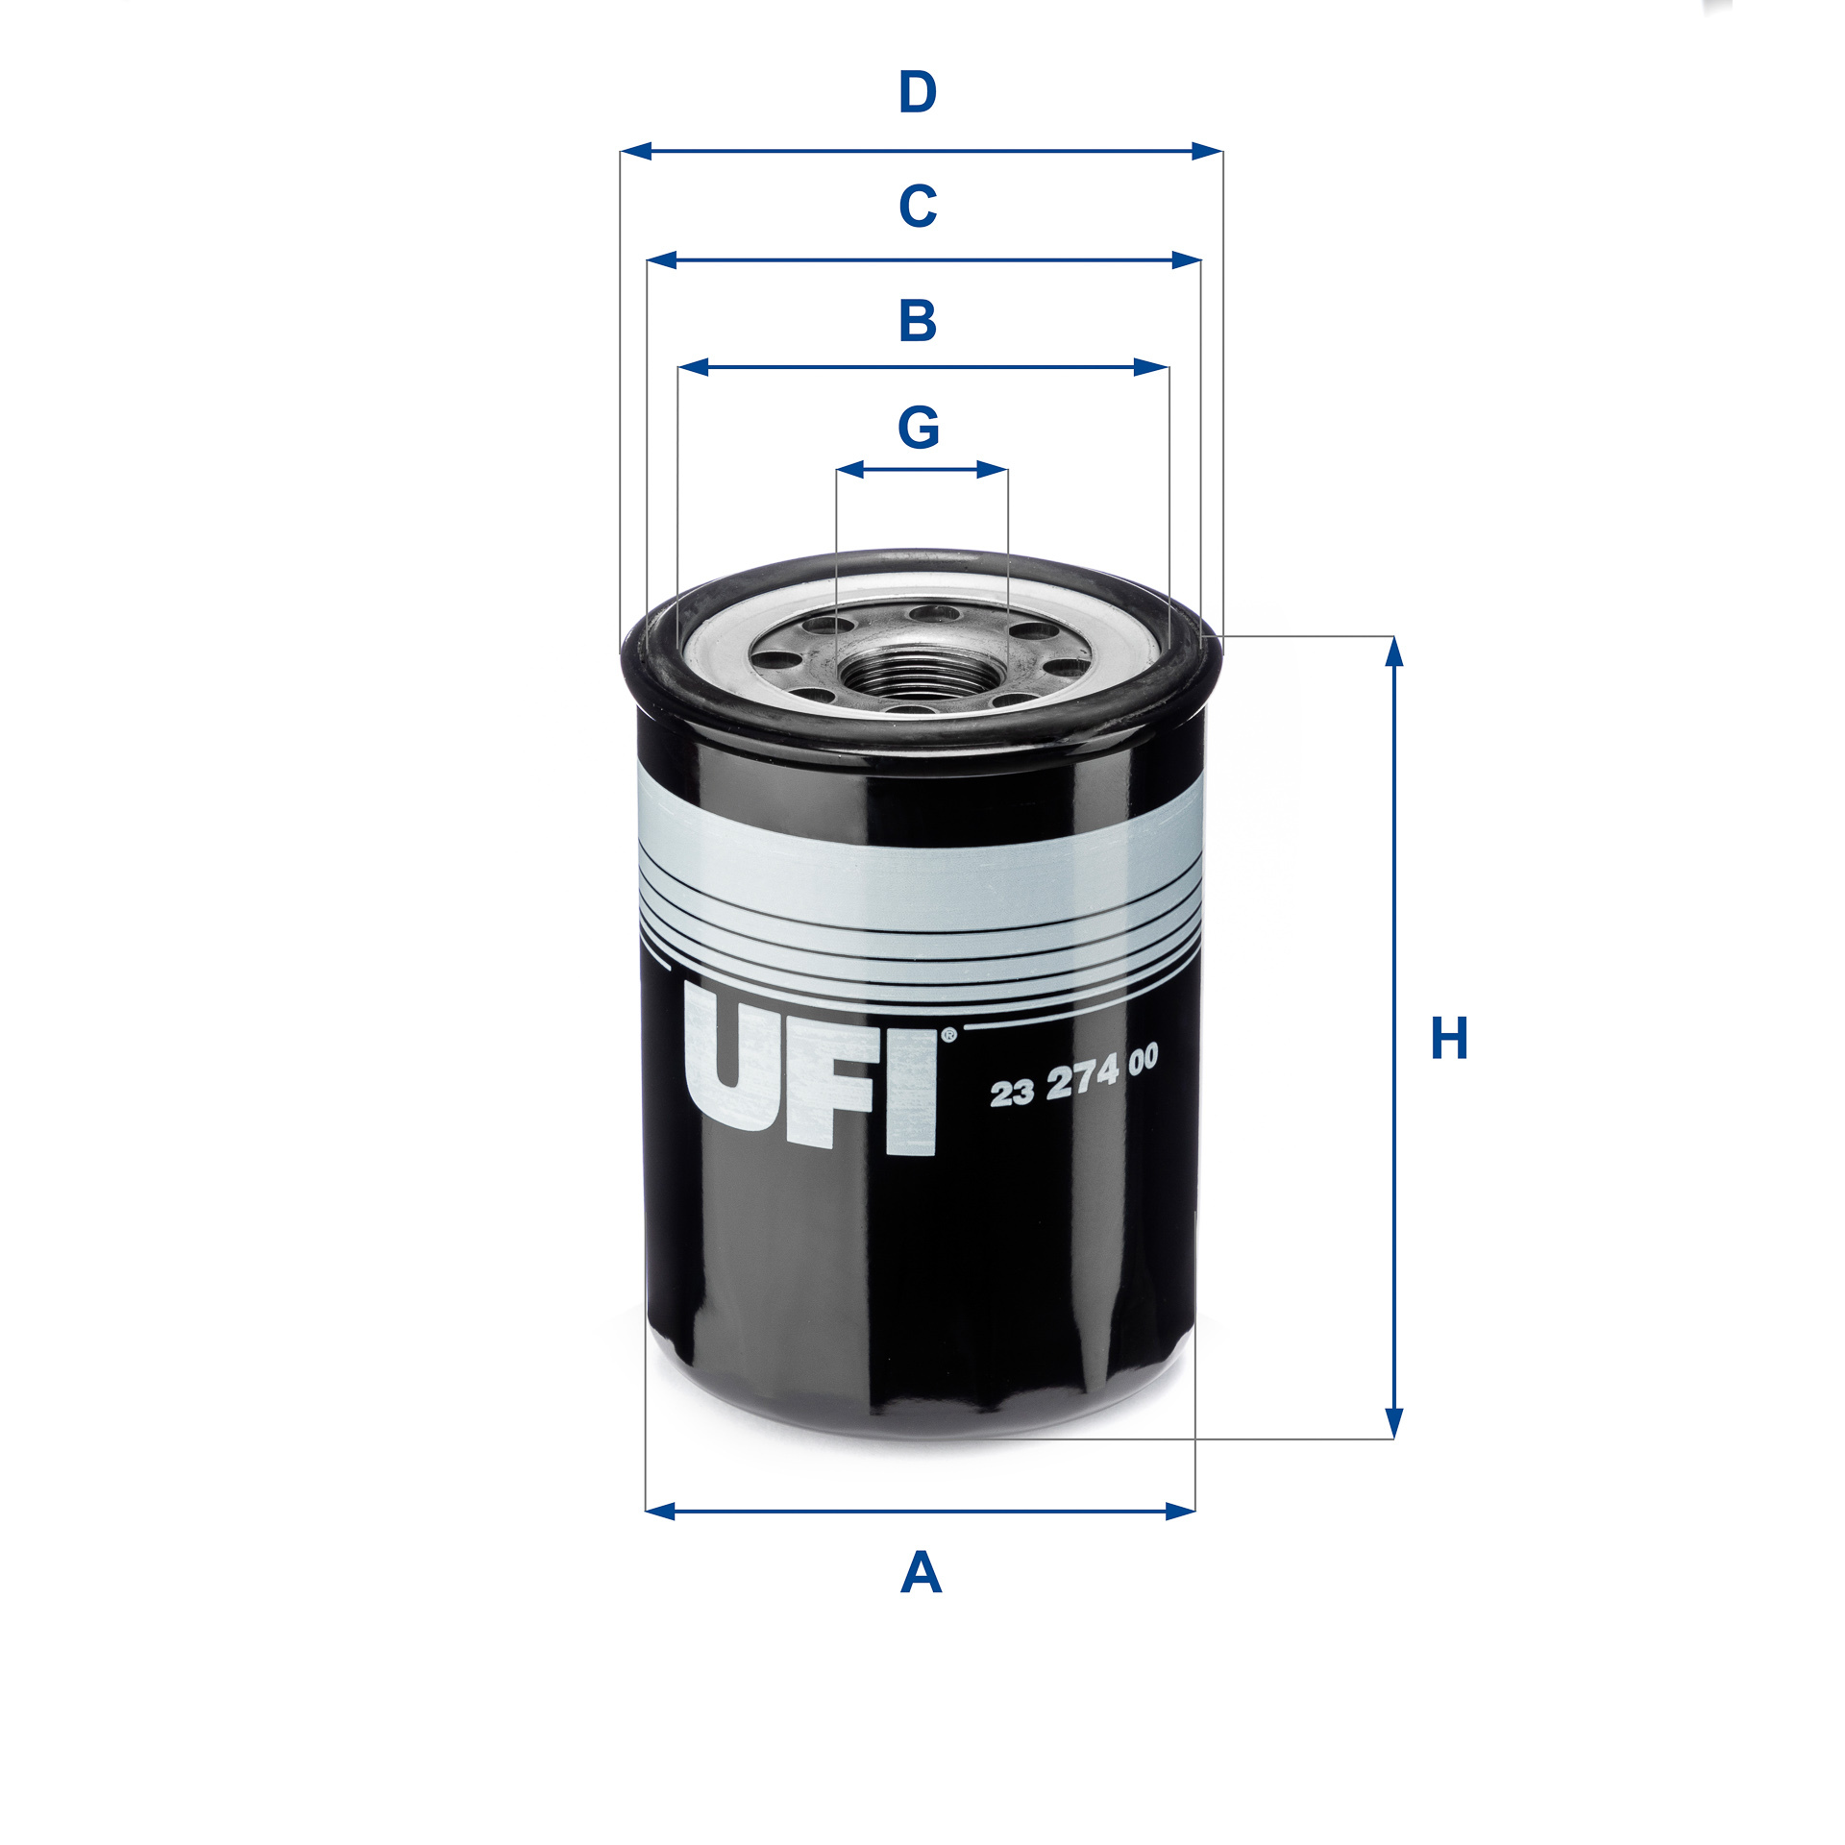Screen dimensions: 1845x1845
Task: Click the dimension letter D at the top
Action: pyautogui.click(x=918, y=93)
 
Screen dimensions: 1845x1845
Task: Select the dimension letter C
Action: pyautogui.click(x=918, y=206)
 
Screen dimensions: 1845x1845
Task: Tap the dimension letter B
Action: pyautogui.click(x=918, y=321)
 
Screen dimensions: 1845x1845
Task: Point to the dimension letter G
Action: pyautogui.click(x=919, y=428)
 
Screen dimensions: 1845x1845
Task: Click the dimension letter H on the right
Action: pyautogui.click(x=1449, y=1038)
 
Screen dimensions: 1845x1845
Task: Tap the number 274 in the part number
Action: pyautogui.click(x=1083, y=1080)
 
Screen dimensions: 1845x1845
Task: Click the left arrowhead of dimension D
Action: pyautogui.click(x=636, y=151)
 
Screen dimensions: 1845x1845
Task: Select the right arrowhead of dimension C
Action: pyautogui.click(x=1187, y=259)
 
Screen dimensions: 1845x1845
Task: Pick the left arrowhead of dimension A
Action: pyautogui.click(x=660, y=1512)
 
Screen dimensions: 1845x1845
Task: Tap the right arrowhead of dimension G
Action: pyautogui.click(x=993, y=470)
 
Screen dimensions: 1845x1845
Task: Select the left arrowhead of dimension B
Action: pyautogui.click(x=693, y=367)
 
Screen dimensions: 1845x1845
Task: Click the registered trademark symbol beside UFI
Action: pyautogui.click(x=948, y=1035)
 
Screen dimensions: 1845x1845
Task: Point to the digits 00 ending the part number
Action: pyautogui.click(x=1144, y=1061)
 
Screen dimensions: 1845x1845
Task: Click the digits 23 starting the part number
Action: pyautogui.click(x=1011, y=1093)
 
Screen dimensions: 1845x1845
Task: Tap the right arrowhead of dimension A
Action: pyautogui.click(x=1180, y=1512)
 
